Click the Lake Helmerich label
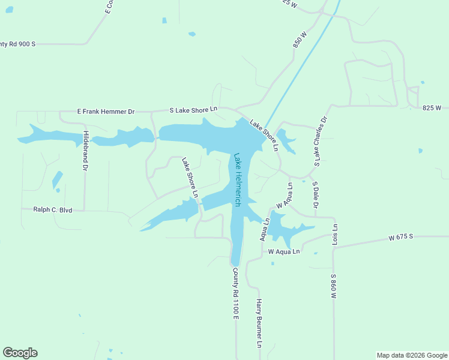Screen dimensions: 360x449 pos(238,180)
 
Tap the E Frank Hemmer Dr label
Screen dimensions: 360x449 pos(106,112)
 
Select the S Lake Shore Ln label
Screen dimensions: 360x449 pos(193,109)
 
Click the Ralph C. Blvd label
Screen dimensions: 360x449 pos(53,210)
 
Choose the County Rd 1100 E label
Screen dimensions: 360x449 pos(236,293)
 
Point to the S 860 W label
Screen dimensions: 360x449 pos(333,287)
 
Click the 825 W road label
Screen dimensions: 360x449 pos(432,108)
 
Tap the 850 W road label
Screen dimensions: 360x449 pos(300,41)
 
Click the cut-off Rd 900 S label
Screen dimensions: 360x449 pos(18,44)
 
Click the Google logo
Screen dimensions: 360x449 pos(20,353)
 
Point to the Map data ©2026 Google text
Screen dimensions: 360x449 pos(412,355)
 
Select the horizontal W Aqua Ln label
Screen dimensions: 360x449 pos(283,251)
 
